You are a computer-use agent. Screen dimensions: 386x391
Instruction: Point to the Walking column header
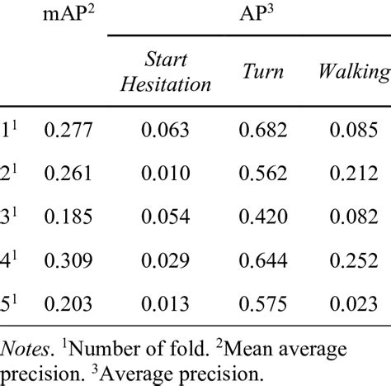pyautogui.click(x=353, y=72)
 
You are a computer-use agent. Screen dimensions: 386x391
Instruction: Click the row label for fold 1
pyautogui.click(x=10, y=129)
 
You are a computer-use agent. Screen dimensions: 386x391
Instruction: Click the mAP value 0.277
pyautogui.click(x=70, y=130)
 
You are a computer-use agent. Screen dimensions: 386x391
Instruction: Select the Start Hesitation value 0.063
pyautogui.click(x=166, y=130)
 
